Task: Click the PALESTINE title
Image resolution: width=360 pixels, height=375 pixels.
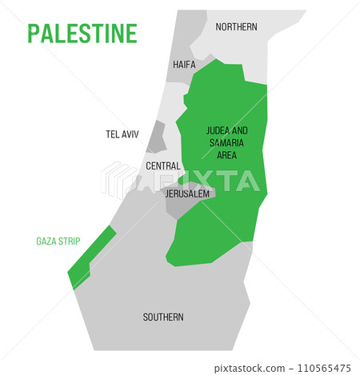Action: click(82, 34)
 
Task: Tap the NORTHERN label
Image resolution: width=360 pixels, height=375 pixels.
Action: click(236, 27)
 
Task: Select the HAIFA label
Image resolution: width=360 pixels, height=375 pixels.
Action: click(184, 65)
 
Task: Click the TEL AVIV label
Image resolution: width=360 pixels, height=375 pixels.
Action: click(123, 134)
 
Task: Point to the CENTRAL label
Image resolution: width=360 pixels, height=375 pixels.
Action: click(162, 166)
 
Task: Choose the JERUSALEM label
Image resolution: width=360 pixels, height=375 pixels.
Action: click(187, 194)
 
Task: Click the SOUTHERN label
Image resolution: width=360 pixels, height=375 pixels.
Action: click(163, 317)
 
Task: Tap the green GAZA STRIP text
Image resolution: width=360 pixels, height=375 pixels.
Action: click(58, 241)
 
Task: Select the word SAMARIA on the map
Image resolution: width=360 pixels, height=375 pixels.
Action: click(226, 142)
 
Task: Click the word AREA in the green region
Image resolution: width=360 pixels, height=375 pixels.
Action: click(226, 154)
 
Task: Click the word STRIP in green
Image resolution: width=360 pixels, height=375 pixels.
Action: click(69, 241)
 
